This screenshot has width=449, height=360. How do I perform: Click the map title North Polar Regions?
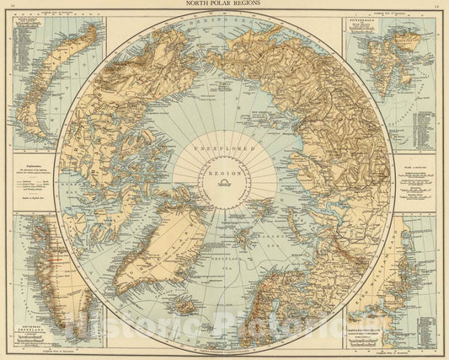[224, 4]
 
